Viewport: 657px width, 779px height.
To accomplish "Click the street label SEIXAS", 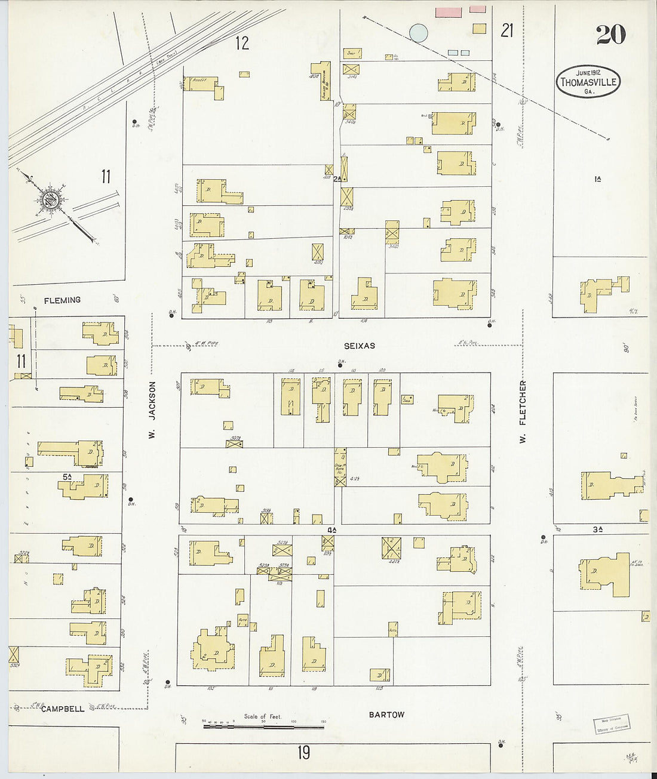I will (360, 346).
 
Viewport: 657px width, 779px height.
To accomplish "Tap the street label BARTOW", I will (386, 715).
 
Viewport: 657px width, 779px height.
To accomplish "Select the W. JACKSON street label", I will (152, 410).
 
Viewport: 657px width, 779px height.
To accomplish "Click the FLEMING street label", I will (62, 300).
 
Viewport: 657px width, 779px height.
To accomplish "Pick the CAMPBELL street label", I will (63, 709).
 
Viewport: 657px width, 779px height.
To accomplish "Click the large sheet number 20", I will (610, 35).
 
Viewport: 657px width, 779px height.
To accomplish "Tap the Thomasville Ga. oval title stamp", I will (588, 81).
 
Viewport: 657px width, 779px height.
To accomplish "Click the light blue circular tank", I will (418, 33).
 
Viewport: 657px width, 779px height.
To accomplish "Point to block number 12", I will (242, 43).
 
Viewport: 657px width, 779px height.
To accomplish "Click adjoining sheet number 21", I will (507, 30).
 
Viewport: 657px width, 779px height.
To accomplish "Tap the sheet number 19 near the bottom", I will (304, 753).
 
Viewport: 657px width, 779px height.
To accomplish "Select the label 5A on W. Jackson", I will (67, 476).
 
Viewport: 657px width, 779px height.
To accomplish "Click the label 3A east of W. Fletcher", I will (597, 529).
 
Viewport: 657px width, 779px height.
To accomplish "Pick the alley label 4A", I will (331, 529).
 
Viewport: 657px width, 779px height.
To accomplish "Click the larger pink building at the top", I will (449, 12).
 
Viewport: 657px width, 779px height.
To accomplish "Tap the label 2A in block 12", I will (337, 178).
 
